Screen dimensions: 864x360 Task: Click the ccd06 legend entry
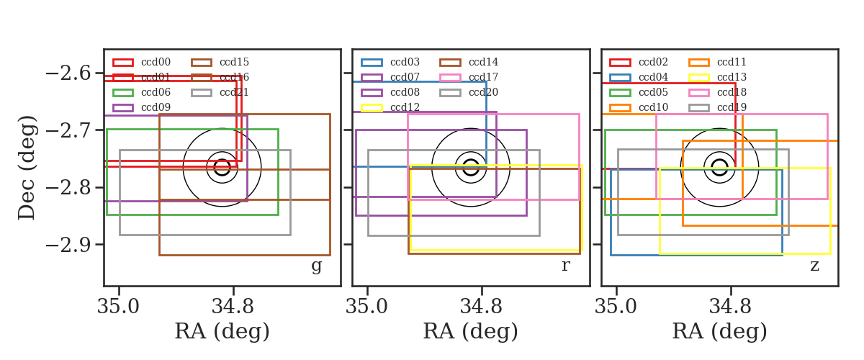[x=142, y=93]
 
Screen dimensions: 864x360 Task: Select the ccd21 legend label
[x=234, y=93]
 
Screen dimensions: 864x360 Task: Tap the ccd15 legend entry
[x=220, y=63]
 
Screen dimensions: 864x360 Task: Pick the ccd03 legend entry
[x=390, y=63]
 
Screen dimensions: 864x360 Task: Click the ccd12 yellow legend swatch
[x=372, y=108]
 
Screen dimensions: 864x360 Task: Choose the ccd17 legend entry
[x=469, y=78]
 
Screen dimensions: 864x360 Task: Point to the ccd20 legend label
[x=483, y=93]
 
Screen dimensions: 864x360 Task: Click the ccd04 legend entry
[x=639, y=78]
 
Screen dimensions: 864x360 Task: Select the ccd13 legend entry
[x=717, y=78]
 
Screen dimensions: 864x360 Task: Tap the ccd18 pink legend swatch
[x=699, y=93]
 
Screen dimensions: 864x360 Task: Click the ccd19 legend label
[x=732, y=108]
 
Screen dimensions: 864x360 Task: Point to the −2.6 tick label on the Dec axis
[x=68, y=73]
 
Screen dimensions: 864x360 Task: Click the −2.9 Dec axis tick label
[x=68, y=245]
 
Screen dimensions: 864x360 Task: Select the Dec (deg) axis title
[x=27, y=168]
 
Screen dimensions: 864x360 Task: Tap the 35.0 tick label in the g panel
[x=118, y=307]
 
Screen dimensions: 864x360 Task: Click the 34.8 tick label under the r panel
[x=481, y=307]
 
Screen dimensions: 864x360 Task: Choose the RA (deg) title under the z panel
[x=719, y=331]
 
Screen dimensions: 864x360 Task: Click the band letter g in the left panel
[x=316, y=266]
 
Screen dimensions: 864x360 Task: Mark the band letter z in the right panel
[x=814, y=266]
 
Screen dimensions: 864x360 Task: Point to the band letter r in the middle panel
[x=565, y=266]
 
